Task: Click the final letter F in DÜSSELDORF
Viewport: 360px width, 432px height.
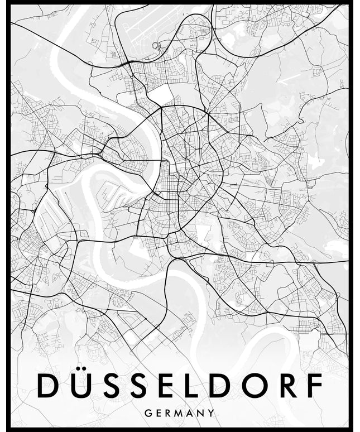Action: coord(317,386)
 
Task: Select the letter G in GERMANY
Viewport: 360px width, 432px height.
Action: coord(148,414)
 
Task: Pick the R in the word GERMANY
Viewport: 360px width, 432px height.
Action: coord(169,414)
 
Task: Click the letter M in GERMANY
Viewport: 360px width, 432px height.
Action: coord(181,414)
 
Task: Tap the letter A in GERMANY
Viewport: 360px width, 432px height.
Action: coord(192,414)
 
